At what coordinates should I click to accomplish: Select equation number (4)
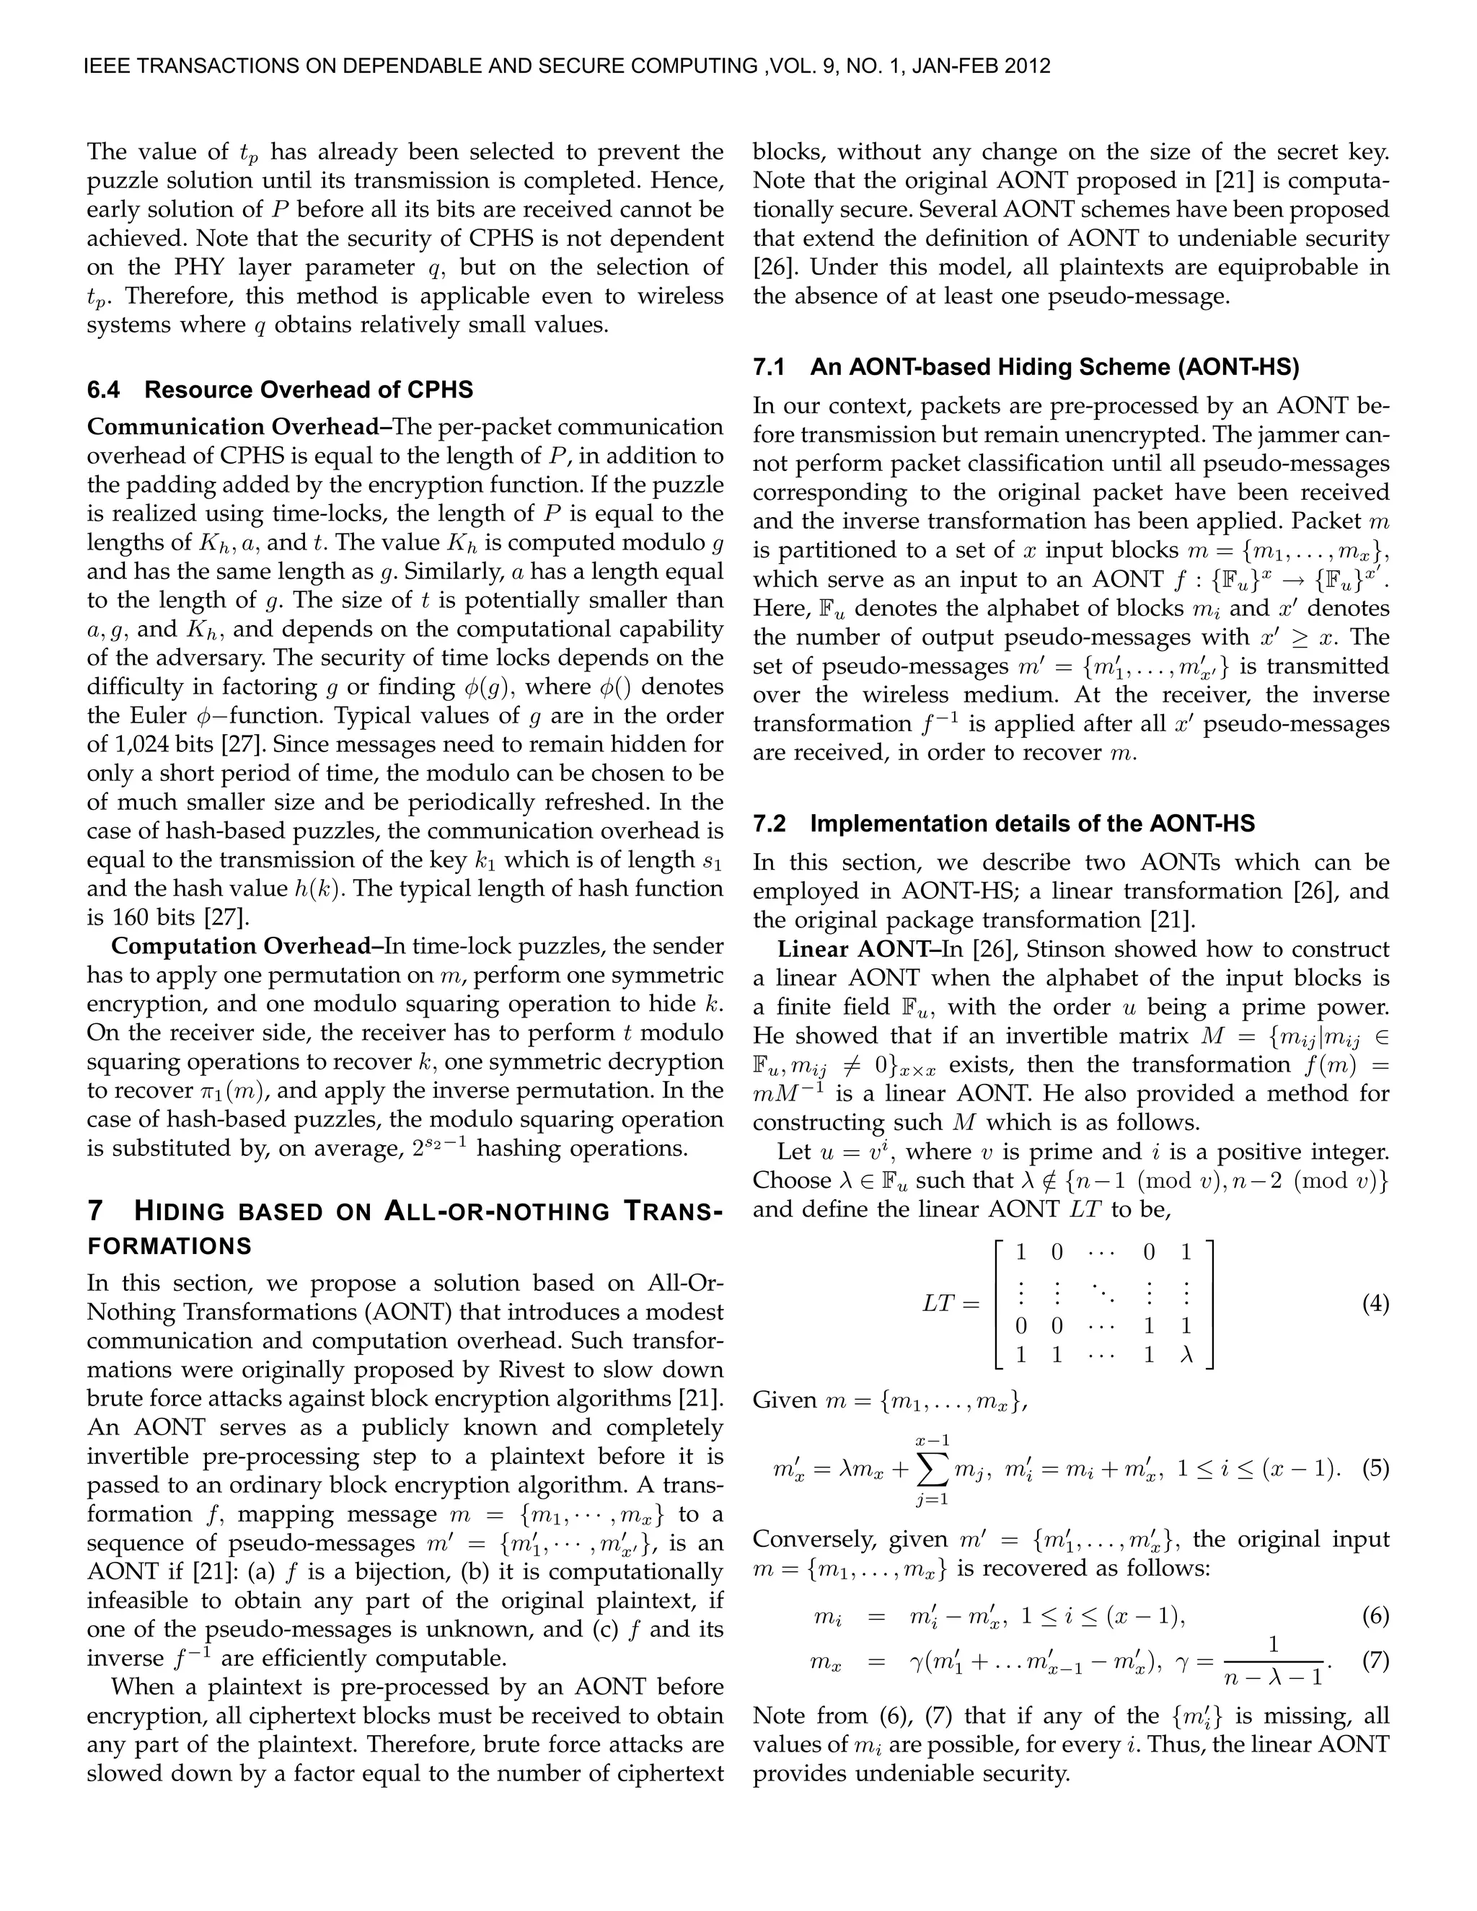1375,1304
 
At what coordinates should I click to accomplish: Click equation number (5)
1375,1468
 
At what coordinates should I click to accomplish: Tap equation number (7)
1375,1661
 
